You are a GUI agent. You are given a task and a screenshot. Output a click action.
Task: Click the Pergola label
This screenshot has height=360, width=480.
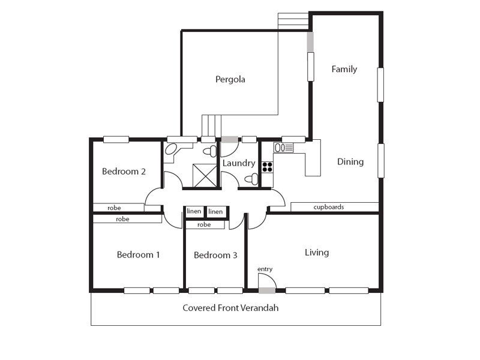[x=230, y=80]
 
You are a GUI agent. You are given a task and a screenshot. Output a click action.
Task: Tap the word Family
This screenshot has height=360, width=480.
[x=344, y=69]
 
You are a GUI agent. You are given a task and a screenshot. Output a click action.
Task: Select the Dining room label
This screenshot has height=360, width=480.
[x=350, y=161]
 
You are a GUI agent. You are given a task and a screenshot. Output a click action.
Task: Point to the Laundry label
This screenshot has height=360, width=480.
[x=239, y=163]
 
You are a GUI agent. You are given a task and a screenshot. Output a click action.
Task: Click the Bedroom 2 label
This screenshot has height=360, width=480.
[x=124, y=172]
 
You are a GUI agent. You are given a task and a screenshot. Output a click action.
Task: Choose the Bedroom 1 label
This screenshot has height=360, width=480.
[x=139, y=254]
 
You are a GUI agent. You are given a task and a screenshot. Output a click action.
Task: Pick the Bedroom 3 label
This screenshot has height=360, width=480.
[x=215, y=255]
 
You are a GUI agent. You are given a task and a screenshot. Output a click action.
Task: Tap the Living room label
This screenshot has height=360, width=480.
[x=317, y=253]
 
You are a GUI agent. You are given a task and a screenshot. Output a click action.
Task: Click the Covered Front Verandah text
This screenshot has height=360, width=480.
[x=230, y=308]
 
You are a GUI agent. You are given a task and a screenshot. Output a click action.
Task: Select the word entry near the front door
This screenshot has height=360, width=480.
[x=265, y=269]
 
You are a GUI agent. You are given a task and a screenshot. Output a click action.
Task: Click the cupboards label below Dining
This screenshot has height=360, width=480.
[x=328, y=207]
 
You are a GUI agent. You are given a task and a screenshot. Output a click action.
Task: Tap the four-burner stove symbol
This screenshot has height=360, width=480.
[x=267, y=167]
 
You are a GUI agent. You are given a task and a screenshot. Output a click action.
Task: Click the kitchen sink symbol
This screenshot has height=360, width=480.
[x=284, y=148]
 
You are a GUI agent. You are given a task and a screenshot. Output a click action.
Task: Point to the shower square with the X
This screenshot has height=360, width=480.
[x=205, y=175]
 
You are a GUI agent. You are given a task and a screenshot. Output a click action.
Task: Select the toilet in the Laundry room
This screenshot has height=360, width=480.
[x=251, y=179]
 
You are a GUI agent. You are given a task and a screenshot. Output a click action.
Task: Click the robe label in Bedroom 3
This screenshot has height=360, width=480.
[x=204, y=224]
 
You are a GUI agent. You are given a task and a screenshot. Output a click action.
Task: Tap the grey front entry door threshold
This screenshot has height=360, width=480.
[x=267, y=290]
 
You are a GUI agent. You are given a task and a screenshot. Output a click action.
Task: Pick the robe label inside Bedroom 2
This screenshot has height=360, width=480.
[x=114, y=208]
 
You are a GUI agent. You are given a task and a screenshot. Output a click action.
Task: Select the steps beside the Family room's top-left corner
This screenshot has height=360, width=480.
[x=293, y=21]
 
